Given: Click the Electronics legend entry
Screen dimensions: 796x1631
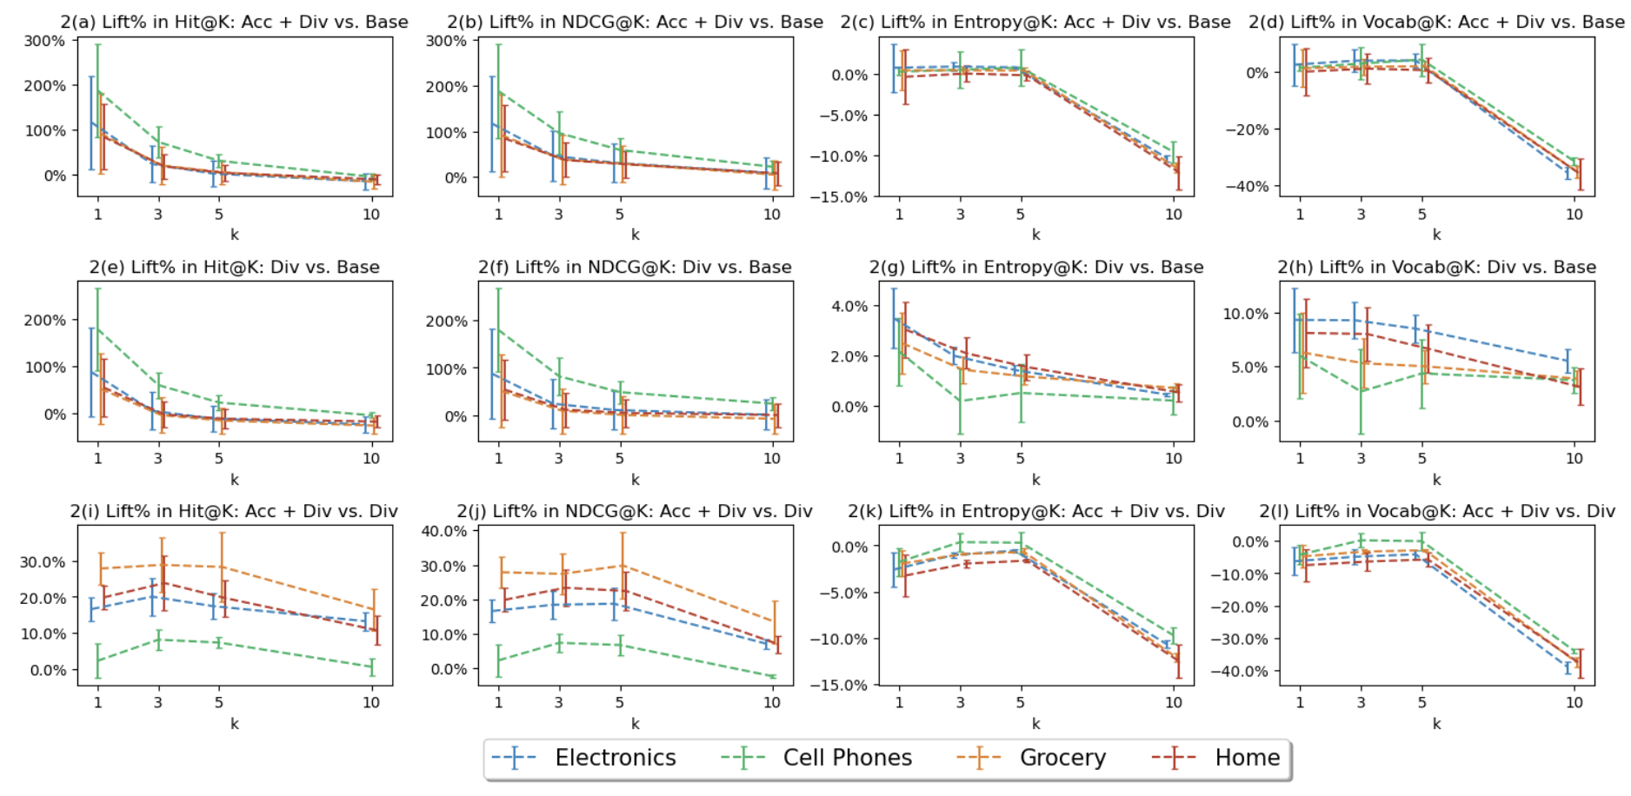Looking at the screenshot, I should click(615, 758).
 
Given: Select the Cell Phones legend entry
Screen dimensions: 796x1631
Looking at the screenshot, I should click(847, 758).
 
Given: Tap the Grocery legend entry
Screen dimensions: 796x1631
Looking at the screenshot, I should click(1062, 758).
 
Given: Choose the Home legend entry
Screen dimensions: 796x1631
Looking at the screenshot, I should click(1247, 758).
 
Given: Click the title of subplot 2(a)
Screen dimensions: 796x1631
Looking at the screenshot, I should click(234, 22).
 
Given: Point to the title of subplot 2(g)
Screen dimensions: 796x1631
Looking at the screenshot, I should click(1036, 267).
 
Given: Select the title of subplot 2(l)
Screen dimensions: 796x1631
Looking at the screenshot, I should click(1437, 511).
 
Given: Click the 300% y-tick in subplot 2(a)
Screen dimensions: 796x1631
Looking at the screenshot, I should click(44, 41).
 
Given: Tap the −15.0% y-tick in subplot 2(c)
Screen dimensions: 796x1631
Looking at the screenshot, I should click(839, 196).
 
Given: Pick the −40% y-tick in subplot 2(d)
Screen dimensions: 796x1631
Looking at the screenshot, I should click(1246, 186).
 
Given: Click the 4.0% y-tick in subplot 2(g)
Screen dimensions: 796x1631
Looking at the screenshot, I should click(849, 306).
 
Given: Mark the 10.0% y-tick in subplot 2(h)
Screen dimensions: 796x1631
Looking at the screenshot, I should click(1245, 314).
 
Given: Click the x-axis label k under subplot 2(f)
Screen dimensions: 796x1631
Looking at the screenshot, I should click(636, 480).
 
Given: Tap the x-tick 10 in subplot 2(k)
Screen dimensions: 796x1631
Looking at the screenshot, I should click(1174, 702).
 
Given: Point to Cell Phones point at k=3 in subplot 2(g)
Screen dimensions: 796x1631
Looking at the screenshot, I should click(961, 401).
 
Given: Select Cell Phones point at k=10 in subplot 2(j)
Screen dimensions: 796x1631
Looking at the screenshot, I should click(772, 676).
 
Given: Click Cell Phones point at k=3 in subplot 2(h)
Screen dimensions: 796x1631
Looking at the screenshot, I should click(1361, 392).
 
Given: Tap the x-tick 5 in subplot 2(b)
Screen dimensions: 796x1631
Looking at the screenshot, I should click(620, 214).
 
